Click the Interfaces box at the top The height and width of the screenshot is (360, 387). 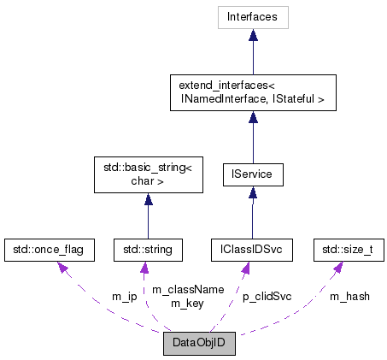coord(252,16)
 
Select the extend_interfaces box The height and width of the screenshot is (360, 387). coord(252,92)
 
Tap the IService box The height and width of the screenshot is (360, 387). coord(252,175)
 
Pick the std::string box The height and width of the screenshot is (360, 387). coord(148,250)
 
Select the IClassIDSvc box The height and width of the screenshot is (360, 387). coord(252,250)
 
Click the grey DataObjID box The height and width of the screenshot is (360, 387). coord(199,345)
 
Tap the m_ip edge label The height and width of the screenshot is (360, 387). coord(124,297)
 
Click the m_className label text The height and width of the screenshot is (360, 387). coord(187,290)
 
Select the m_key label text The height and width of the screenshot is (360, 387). coord(187,303)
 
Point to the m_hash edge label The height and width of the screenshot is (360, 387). coord(349,297)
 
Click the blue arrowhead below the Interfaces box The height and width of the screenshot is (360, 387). coord(252,35)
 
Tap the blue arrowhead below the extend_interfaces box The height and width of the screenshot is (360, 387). coord(252,118)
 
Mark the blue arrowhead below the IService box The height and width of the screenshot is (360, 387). coord(252,195)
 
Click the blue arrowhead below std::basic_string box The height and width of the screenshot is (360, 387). coord(148,200)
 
